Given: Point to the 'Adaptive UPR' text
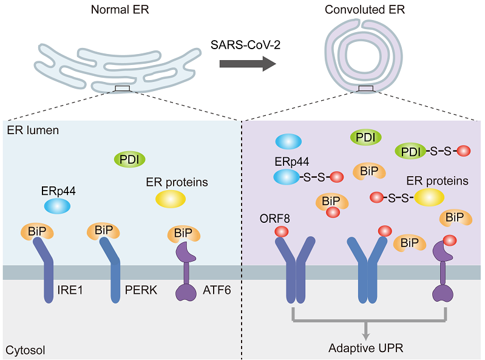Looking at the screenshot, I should [365, 348].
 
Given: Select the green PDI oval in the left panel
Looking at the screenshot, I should [129, 160].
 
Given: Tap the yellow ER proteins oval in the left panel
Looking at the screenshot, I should [171, 199].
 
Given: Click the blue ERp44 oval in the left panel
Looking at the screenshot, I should [57, 206].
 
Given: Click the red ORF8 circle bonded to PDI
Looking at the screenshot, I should [464, 150].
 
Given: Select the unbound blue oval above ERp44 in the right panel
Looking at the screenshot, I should [289, 141].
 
